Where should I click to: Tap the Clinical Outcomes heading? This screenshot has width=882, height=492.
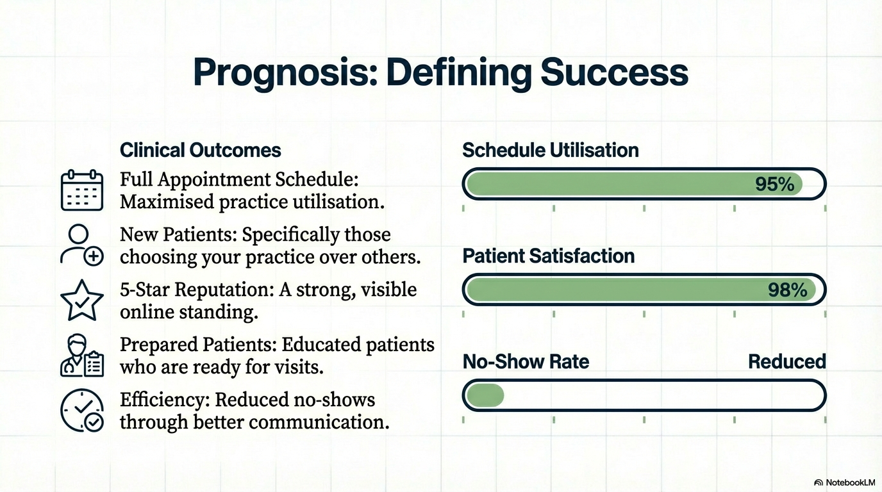click(201, 151)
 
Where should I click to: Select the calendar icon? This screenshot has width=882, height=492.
click(82, 190)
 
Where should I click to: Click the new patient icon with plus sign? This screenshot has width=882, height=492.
click(82, 245)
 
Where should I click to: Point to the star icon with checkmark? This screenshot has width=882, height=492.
click(82, 300)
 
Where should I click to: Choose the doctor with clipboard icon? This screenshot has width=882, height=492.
click(82, 356)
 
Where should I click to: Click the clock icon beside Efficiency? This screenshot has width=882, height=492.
click(82, 411)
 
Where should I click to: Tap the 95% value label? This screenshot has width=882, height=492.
click(774, 184)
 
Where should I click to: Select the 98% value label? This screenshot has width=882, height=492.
click(788, 290)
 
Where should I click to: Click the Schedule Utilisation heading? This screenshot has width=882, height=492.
click(551, 151)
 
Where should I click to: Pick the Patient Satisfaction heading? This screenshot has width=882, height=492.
click(549, 256)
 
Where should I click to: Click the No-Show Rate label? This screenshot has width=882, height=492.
click(526, 362)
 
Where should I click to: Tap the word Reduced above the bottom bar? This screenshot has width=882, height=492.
click(786, 362)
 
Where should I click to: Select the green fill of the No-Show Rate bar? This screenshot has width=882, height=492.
click(485, 395)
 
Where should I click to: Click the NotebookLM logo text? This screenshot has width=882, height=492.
click(850, 482)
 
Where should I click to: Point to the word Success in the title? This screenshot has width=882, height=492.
click(614, 73)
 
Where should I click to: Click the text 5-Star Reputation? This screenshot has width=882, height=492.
click(197, 290)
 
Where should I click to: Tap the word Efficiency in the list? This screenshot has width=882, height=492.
click(165, 400)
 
